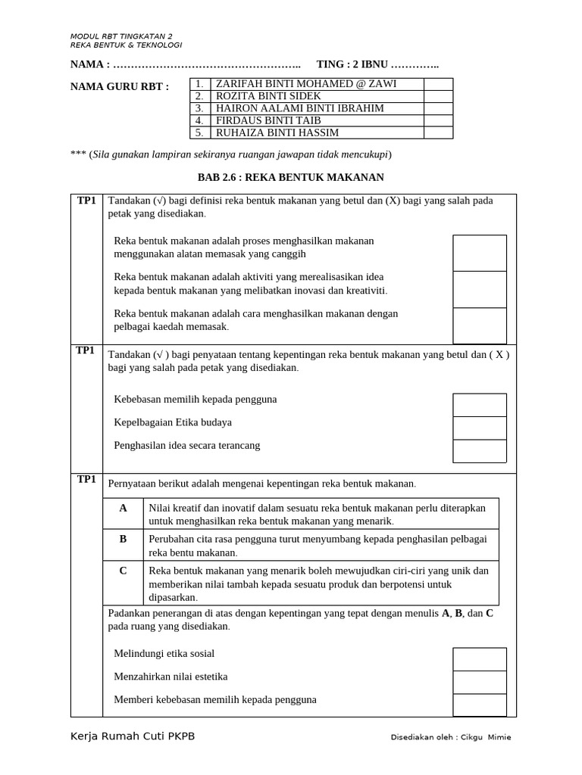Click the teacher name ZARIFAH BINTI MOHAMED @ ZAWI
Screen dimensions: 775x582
pyautogui.click(x=306, y=84)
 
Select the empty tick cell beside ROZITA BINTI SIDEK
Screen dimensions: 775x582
pyautogui.click(x=438, y=96)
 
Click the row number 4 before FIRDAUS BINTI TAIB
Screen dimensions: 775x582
pyautogui.click(x=199, y=120)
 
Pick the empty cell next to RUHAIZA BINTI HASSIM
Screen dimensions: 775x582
pyautogui.click(x=438, y=132)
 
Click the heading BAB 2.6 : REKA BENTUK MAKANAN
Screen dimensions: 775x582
pyautogui.click(x=291, y=177)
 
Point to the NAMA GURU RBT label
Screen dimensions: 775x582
pyautogui.click(x=120, y=86)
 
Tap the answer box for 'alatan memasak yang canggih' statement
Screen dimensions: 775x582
pyautogui.click(x=479, y=253)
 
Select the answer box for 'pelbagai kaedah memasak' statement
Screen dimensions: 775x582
pyautogui.click(x=479, y=325)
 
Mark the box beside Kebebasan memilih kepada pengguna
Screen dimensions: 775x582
pyautogui.click(x=479, y=405)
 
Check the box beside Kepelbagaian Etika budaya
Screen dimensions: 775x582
pyautogui.click(x=479, y=428)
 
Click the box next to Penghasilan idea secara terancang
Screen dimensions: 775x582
pyautogui.click(x=479, y=451)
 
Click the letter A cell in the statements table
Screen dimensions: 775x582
pyautogui.click(x=123, y=509)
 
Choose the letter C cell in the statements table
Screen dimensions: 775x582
pyautogui.click(x=123, y=571)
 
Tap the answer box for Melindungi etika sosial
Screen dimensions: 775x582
pyautogui.click(x=479, y=658)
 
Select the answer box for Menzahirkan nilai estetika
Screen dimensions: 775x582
pyautogui.click(x=479, y=682)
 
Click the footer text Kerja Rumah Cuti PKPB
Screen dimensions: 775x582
pyautogui.click(x=132, y=736)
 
